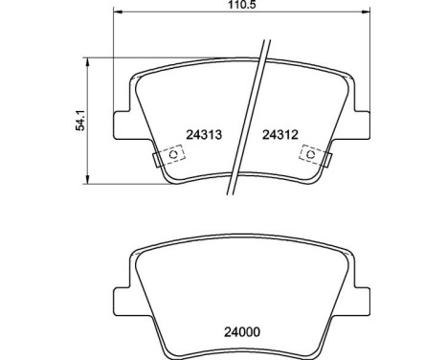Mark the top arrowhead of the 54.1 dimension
(88, 59)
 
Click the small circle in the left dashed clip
(173, 153)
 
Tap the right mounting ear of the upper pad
(364, 124)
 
